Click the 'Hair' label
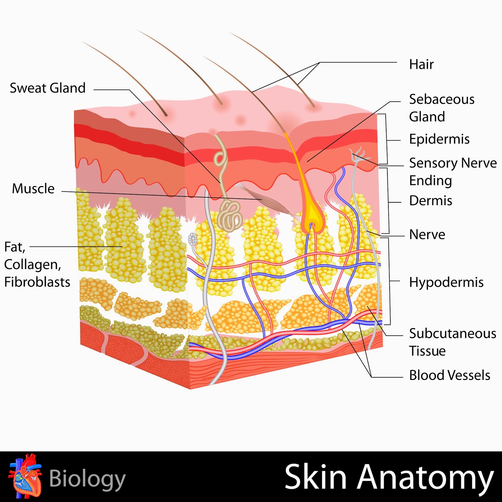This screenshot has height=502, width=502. point(421,64)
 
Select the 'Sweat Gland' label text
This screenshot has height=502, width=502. point(48,88)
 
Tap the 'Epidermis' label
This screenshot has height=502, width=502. point(439,139)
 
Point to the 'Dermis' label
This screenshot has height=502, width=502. point(430,201)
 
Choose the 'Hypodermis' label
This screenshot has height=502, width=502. point(446,282)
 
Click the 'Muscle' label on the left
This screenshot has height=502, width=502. point(33,189)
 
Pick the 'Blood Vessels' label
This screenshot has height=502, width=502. point(450,375)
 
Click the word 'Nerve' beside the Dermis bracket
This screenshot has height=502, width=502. point(427,235)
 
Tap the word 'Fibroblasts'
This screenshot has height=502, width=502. point(37,282)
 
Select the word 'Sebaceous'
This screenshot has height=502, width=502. point(442,99)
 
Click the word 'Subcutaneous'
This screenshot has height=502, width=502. point(452,334)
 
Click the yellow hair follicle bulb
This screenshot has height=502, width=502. point(312,218)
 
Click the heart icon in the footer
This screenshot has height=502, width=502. point(25,476)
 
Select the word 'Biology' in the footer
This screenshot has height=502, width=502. point(87,479)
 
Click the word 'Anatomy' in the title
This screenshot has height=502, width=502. point(425,477)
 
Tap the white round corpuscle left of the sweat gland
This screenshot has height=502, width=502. point(192,240)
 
